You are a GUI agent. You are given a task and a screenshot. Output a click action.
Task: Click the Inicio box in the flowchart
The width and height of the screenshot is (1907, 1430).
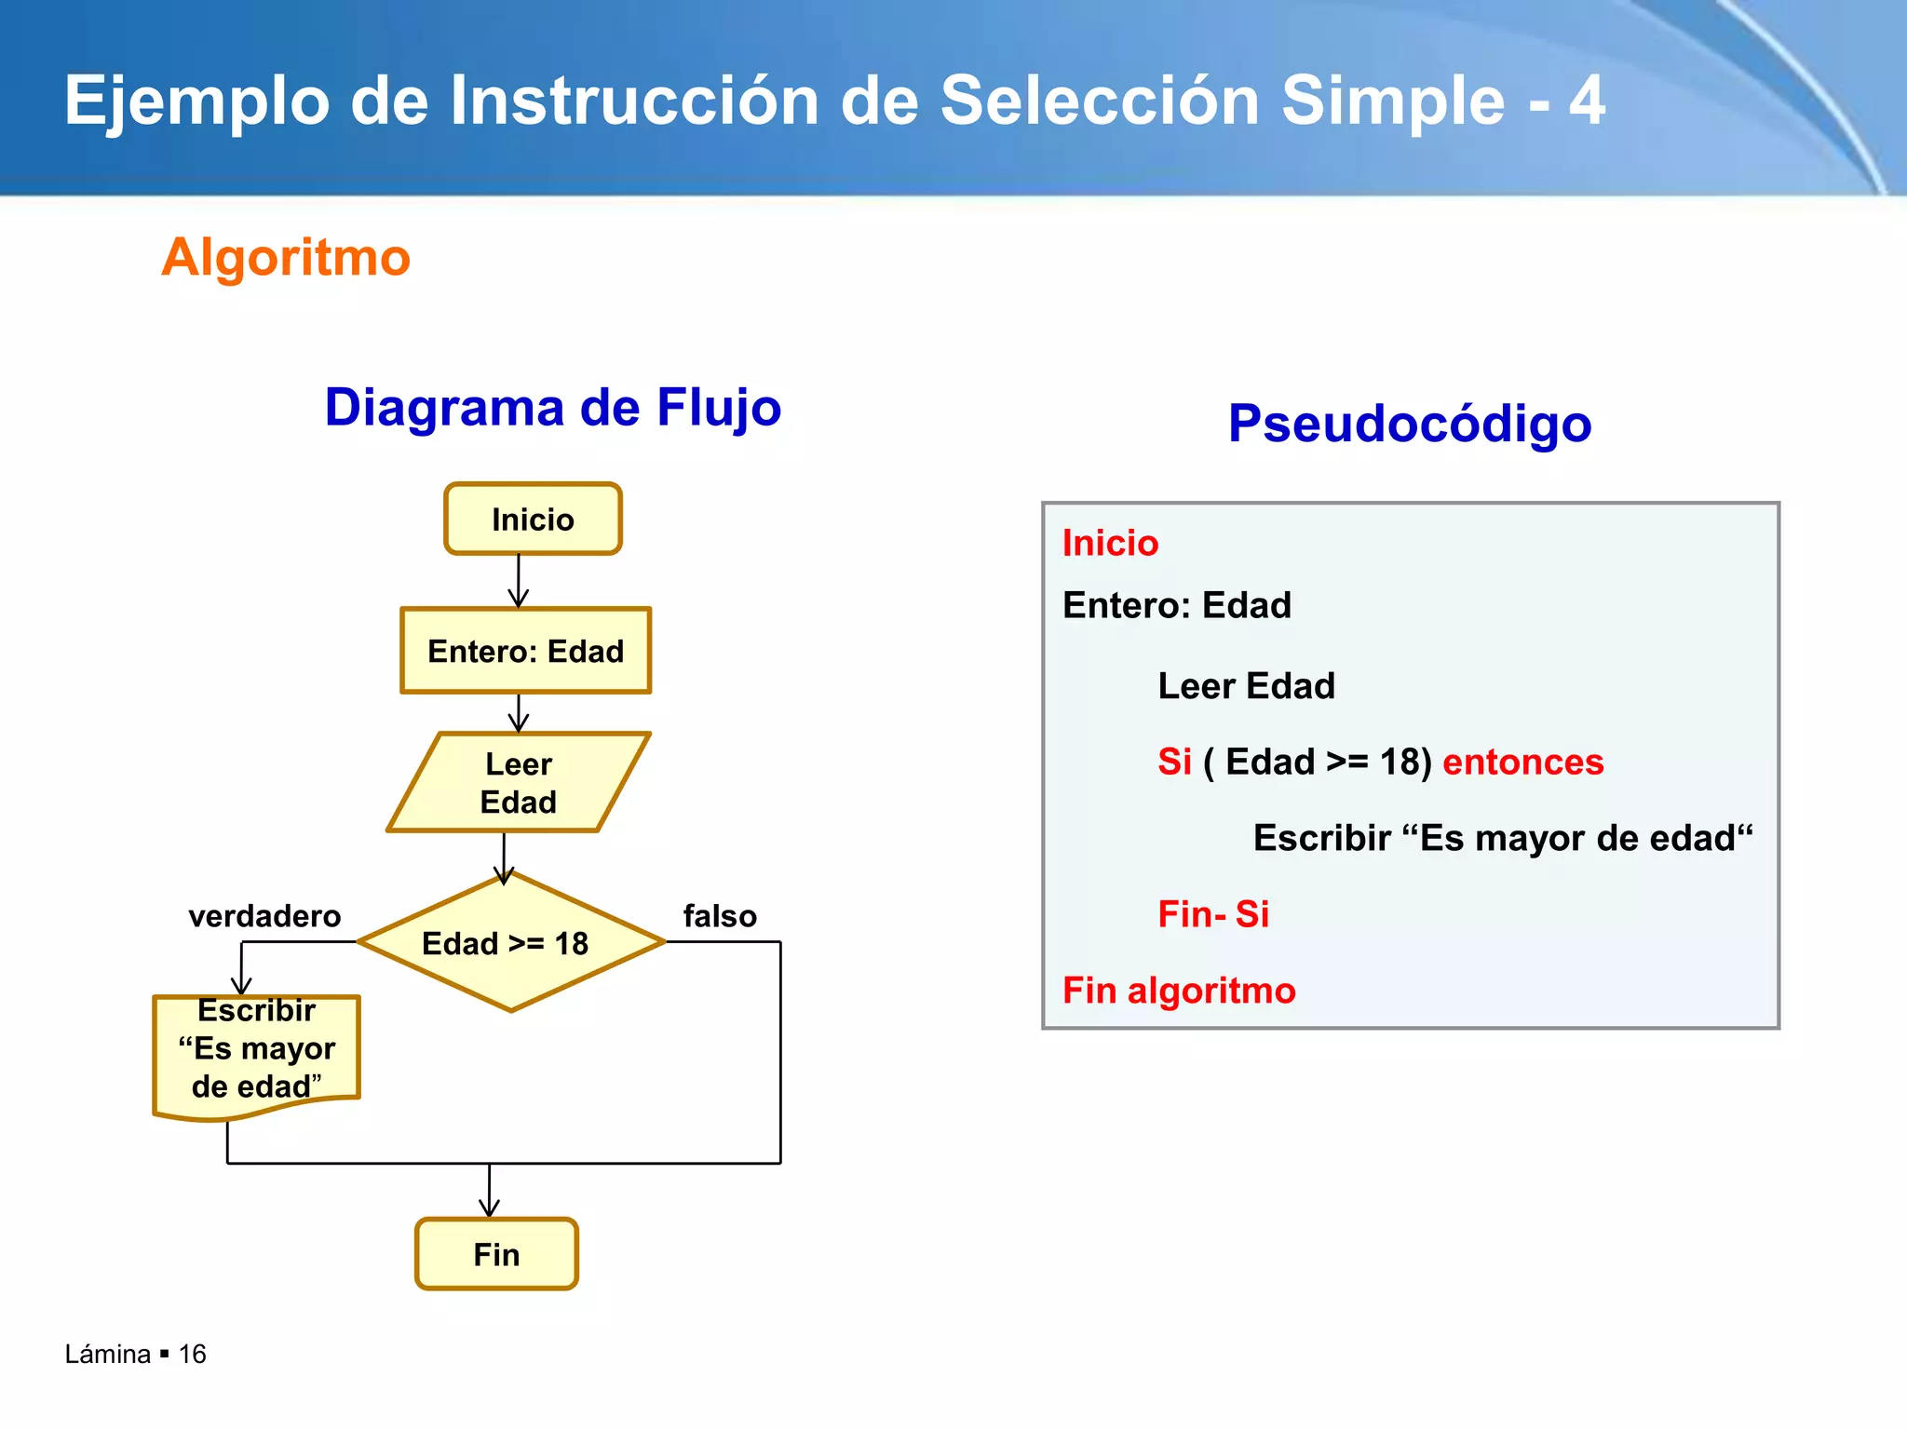pos(533,519)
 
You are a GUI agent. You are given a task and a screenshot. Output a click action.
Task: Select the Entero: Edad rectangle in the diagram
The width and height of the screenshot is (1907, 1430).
pos(525,651)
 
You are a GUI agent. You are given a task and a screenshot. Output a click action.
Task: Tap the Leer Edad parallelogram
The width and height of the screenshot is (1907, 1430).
pos(519,783)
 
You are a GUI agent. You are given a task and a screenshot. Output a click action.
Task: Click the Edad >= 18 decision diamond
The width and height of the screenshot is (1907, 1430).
pos(510,943)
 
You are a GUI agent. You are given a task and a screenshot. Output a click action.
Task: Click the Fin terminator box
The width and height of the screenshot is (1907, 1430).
pos(496,1254)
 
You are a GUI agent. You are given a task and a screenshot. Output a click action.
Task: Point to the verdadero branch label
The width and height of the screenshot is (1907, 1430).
pos(264,916)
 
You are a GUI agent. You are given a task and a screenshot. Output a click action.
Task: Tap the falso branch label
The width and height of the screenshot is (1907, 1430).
pos(720,916)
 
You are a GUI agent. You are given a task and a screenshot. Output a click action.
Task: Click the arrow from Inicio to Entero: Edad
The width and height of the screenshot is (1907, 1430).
pos(519,581)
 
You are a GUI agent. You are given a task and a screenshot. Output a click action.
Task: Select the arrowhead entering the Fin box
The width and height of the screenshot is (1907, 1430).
pos(490,1207)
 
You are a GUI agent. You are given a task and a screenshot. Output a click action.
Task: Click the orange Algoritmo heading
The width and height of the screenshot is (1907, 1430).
pos(285,257)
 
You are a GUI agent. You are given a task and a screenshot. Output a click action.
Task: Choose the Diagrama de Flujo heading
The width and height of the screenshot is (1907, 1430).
pos(553,408)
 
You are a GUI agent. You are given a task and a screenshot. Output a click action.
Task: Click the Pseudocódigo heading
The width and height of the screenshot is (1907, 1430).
pos(1409,424)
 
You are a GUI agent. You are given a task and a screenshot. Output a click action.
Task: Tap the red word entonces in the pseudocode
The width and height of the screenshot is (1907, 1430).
pos(1522,762)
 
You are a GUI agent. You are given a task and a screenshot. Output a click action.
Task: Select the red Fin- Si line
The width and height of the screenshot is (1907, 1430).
pos(1213,914)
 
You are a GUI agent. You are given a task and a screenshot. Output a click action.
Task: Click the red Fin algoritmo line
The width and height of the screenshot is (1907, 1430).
pos(1179,991)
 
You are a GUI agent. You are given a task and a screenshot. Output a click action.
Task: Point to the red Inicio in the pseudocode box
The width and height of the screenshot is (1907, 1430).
pos(1110,544)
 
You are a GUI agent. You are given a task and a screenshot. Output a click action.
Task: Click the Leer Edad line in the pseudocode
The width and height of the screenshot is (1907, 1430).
pos(1246,686)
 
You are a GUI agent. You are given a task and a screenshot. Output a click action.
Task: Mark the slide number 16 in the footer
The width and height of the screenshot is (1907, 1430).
pos(192,1355)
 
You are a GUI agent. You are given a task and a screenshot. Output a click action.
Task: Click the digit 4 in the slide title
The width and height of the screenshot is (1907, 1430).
pos(1586,101)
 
